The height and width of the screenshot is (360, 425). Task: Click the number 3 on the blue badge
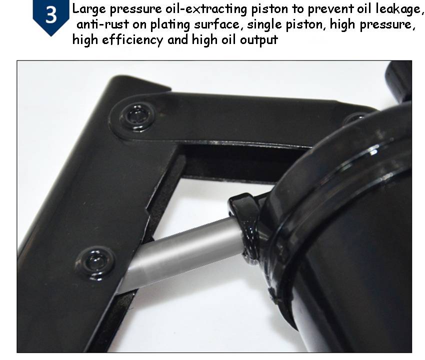(51, 15)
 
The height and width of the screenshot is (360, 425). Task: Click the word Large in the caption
(88, 9)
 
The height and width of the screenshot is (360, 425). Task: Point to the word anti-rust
(102, 24)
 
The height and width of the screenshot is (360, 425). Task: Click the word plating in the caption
(170, 25)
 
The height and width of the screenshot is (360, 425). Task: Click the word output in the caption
(259, 41)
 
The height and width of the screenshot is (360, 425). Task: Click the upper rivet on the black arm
(137, 116)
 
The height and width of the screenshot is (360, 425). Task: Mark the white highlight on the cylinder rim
(373, 150)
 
